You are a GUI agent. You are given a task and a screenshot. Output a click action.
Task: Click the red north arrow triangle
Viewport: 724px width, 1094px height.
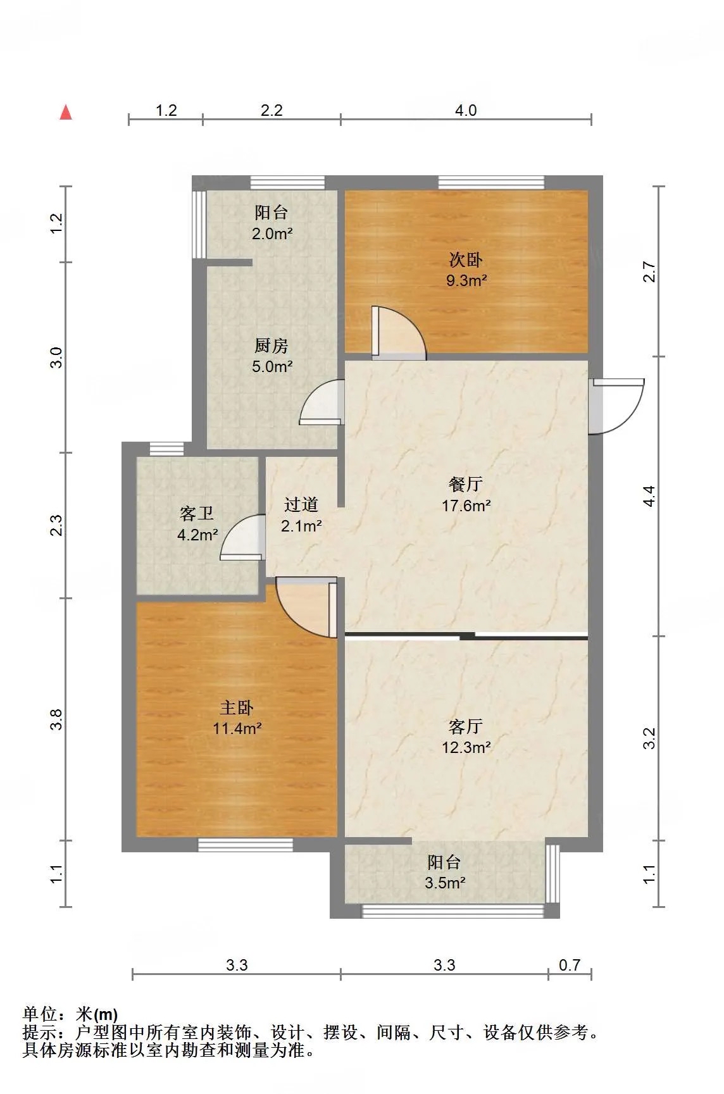pos(65,112)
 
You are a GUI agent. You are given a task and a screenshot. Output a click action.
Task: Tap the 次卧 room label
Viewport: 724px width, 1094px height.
pos(466,259)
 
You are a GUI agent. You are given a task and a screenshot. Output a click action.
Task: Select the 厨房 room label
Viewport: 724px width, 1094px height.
pos(271,345)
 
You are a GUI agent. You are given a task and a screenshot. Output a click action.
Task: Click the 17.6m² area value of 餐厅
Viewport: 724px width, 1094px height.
pos(466,506)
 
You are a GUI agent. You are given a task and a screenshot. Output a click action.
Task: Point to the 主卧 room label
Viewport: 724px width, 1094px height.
pos(237,707)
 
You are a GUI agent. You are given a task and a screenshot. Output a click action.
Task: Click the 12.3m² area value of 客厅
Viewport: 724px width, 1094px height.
pos(466,747)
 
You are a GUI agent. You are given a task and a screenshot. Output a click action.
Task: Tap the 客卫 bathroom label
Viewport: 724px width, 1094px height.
pos(197,513)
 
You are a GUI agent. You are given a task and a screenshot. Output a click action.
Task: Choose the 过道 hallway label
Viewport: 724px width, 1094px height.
pos(301,504)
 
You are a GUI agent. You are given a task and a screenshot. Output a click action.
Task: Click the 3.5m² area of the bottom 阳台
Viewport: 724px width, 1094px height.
pos(445,883)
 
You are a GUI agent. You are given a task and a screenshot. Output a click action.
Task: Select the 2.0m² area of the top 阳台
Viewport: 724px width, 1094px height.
pos(272,233)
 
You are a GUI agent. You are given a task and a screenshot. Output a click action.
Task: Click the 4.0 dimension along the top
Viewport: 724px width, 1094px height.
pos(466,110)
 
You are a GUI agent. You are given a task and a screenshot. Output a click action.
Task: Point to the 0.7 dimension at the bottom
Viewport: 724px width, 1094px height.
pos(570,965)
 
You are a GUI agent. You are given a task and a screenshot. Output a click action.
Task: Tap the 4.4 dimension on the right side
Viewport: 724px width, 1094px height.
pos(649,495)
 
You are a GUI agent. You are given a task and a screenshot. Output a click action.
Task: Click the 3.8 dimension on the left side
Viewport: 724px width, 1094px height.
pos(56,719)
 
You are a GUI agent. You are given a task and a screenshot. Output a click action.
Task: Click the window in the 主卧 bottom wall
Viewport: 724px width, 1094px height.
pos(246,845)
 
